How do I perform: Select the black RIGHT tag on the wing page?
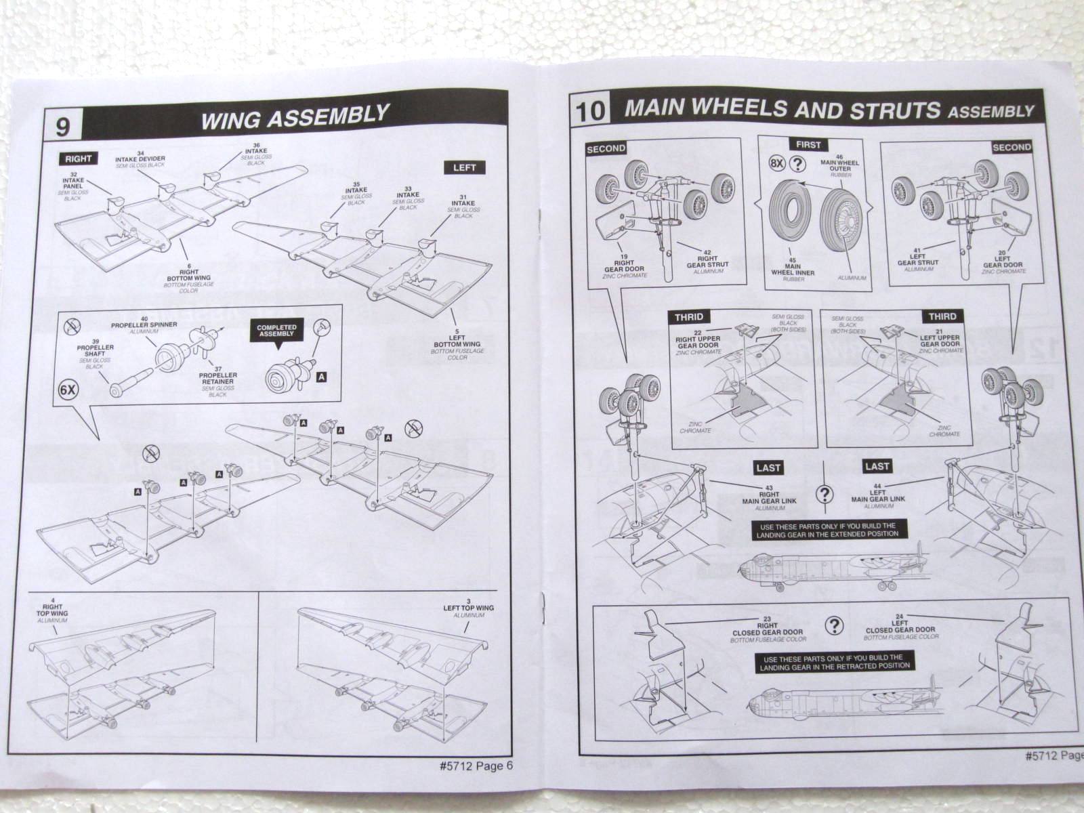(x=78, y=159)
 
